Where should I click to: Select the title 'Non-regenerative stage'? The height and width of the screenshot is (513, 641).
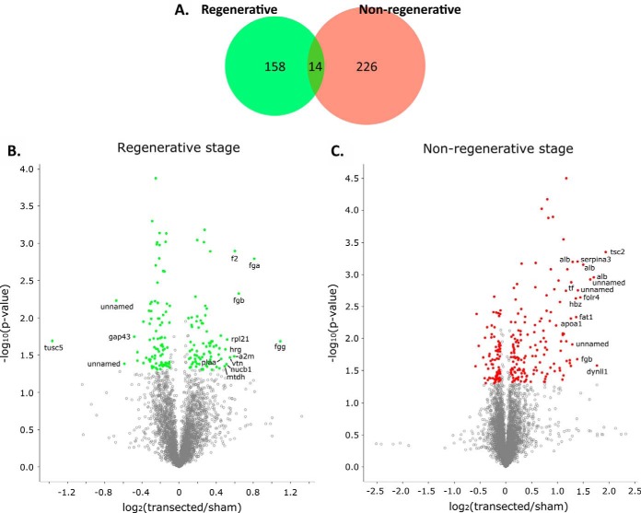(x=497, y=147)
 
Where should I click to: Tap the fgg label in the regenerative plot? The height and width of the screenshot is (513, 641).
(x=280, y=348)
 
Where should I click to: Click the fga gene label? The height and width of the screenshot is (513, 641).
(x=254, y=266)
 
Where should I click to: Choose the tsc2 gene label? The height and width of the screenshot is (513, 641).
(x=617, y=251)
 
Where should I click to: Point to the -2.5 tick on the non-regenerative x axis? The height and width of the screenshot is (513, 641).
(x=376, y=481)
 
